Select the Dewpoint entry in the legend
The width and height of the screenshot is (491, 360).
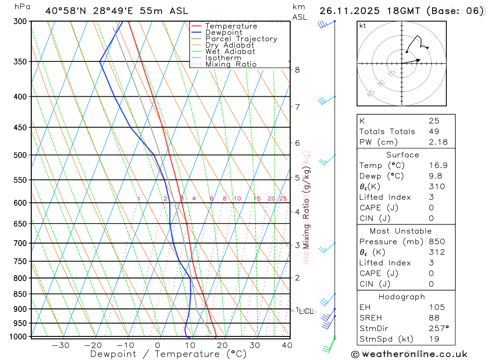click(x=223, y=32)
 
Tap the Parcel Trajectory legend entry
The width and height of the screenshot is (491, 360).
click(x=241, y=39)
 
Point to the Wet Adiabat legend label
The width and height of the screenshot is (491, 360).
click(x=230, y=52)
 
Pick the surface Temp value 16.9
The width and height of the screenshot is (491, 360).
click(x=438, y=166)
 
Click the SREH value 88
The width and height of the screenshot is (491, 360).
click(x=434, y=318)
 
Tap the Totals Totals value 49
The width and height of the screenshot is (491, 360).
click(x=434, y=131)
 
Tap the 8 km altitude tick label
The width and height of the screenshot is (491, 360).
click(x=298, y=70)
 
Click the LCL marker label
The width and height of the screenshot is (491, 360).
click(x=306, y=311)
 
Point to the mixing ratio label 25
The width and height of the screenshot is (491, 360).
click(x=283, y=198)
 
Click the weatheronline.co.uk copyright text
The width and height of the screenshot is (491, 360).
click(x=409, y=354)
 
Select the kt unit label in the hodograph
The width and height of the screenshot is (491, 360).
click(x=362, y=26)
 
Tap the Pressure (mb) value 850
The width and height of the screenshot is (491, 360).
click(x=436, y=242)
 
